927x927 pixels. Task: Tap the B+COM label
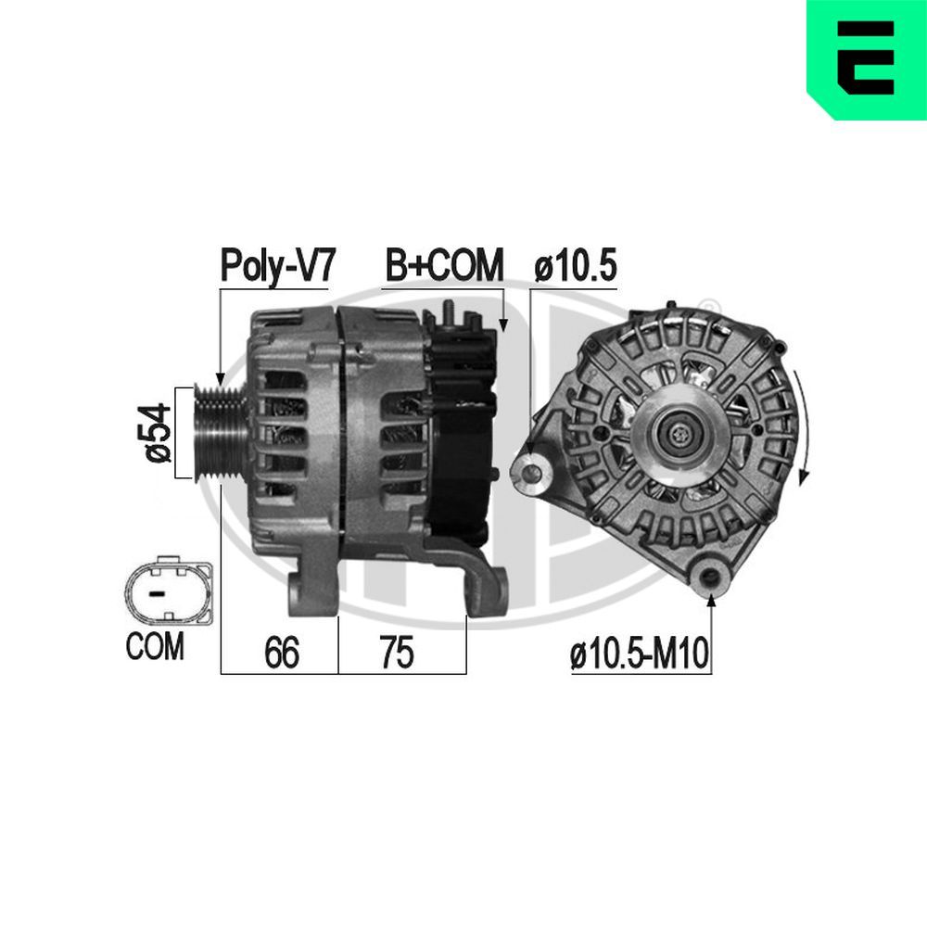(x=444, y=265)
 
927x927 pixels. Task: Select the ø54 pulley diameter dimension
(x=159, y=432)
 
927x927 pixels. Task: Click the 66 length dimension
(x=281, y=654)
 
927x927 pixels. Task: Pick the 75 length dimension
(x=396, y=654)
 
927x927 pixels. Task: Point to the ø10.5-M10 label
(x=640, y=655)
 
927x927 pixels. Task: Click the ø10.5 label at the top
(x=576, y=266)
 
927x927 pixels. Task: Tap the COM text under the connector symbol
(x=155, y=646)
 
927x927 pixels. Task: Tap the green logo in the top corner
(x=867, y=59)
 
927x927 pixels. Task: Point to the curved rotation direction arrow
(x=804, y=427)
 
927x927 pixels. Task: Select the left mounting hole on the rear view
(x=532, y=473)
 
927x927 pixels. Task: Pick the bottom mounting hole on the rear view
(x=712, y=577)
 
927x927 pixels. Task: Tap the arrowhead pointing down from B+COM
(x=503, y=324)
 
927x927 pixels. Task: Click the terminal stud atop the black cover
(x=448, y=312)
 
